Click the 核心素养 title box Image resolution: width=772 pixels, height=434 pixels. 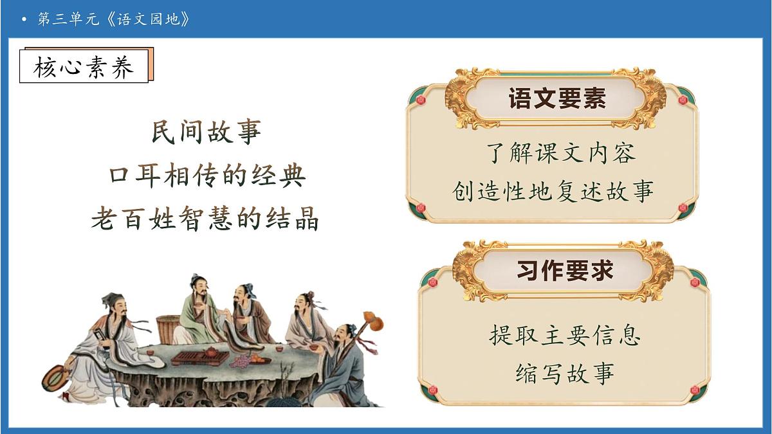point(84,66)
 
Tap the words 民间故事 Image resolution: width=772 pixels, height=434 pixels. point(207,132)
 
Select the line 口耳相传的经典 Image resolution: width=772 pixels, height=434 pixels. point(207,176)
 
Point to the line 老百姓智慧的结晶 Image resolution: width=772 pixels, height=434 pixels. point(205,219)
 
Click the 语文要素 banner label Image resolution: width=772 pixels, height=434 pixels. point(557,100)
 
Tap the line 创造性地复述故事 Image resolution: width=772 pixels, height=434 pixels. point(553,192)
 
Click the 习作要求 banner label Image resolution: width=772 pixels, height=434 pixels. point(564,271)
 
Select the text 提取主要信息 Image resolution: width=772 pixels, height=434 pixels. point(565,336)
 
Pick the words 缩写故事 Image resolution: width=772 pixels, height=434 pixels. point(565,374)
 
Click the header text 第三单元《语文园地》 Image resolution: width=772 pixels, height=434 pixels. point(114,19)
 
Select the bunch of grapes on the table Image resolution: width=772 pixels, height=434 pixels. point(243,363)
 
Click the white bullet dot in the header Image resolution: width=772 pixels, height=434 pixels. point(24,20)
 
